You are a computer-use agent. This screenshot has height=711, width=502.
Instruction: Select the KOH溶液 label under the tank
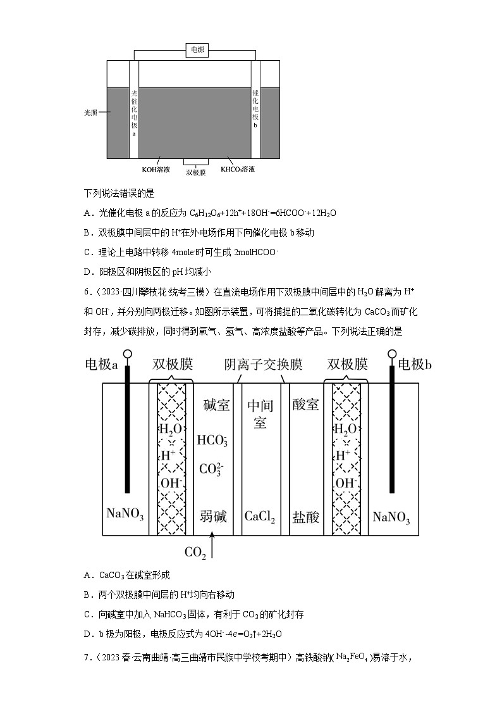155,169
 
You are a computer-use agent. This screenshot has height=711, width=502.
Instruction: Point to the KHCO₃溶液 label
238,169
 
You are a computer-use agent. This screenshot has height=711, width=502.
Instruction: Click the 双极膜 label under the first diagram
195,172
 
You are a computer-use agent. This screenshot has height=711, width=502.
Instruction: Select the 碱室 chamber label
217,405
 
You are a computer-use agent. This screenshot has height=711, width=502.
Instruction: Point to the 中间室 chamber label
260,413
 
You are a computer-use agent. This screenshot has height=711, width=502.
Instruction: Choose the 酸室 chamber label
305,405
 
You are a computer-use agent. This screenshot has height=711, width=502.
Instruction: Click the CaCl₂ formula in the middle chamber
260,517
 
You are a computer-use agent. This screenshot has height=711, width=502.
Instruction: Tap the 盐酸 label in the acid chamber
305,517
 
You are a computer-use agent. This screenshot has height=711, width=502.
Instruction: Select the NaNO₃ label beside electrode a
125,517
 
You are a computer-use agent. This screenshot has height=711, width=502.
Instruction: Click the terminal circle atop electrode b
392,355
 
